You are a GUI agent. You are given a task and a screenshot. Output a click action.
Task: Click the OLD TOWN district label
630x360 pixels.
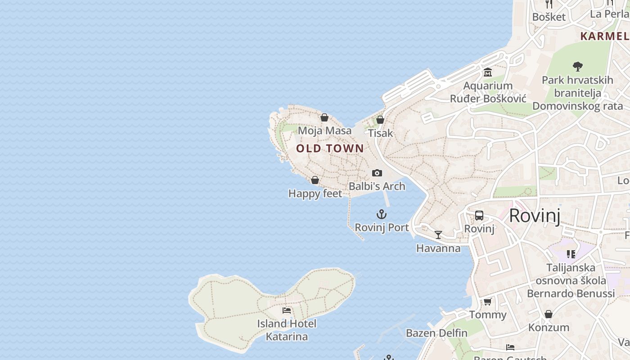(x=330, y=148)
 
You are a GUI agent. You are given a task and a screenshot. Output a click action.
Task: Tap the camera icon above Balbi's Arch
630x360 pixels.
(x=377, y=173)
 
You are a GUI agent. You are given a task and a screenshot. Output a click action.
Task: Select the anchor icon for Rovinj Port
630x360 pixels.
(x=382, y=214)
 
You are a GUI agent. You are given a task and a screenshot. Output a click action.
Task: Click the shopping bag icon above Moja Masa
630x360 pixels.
(x=324, y=117)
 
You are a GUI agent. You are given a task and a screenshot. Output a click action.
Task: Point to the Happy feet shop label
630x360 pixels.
(x=315, y=193)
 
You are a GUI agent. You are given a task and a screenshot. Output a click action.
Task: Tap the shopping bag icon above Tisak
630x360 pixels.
(x=380, y=120)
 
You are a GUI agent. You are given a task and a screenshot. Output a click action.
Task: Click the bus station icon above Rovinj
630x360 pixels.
(x=479, y=216)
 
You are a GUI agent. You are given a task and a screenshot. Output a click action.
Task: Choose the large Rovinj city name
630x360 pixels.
(x=535, y=216)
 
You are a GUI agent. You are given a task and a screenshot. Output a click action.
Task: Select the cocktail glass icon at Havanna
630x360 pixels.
(x=438, y=234)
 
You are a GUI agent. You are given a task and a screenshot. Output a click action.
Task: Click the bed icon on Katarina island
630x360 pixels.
(x=287, y=310)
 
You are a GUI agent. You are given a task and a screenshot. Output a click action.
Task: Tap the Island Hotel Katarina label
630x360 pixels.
(x=287, y=330)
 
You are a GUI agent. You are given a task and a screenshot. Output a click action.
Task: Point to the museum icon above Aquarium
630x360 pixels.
(x=488, y=72)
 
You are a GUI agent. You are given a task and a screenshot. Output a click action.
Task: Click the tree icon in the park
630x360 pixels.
(x=578, y=67)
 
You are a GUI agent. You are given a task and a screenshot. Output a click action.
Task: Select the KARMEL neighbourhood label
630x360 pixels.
(x=605, y=36)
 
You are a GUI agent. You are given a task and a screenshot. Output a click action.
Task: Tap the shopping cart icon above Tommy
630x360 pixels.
(x=488, y=301)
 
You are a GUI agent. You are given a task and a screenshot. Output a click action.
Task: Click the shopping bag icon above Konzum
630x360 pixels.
(x=549, y=314)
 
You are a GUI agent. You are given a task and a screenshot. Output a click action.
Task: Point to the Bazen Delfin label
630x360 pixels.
(x=436, y=333)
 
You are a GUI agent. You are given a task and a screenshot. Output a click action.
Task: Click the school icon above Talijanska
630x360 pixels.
(x=571, y=254)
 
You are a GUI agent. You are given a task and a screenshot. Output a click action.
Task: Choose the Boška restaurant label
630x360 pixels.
(x=549, y=17)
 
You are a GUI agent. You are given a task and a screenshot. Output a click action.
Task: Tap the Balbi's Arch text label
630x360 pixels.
(x=377, y=186)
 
